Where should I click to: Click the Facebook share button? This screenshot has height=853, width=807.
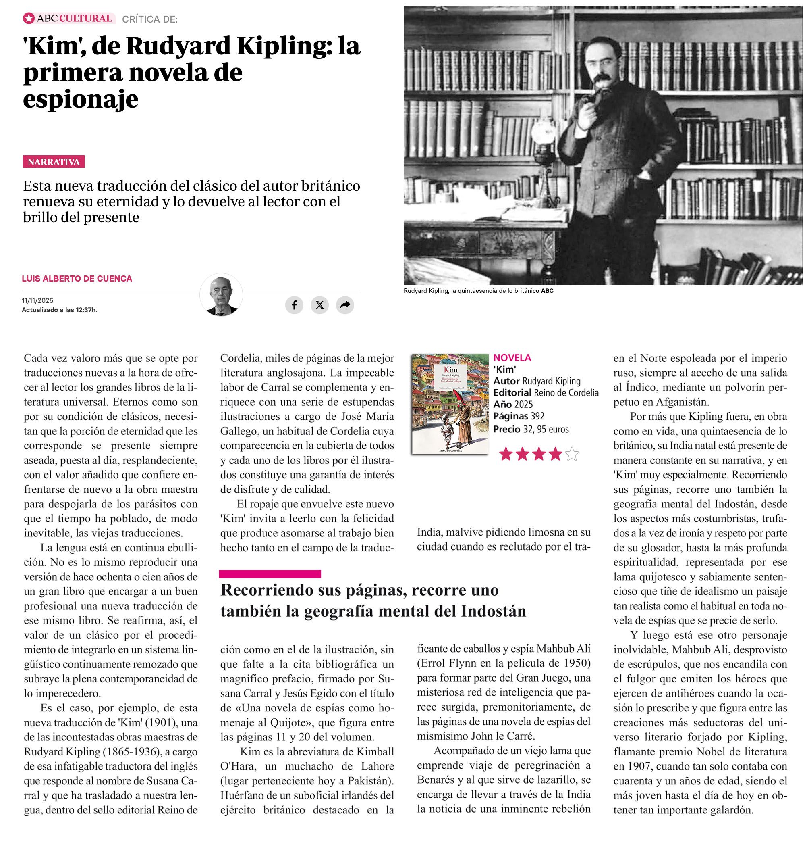(x=294, y=305)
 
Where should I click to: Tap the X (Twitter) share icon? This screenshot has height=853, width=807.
(x=319, y=305)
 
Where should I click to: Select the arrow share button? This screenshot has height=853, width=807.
(x=345, y=305)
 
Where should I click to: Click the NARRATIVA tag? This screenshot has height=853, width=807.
(x=54, y=162)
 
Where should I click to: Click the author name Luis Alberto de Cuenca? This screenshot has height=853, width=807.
(x=77, y=279)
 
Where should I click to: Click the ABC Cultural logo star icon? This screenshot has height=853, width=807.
(x=29, y=19)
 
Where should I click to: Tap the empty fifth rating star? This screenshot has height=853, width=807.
(x=572, y=454)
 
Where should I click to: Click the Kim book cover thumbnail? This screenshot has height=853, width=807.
(x=450, y=404)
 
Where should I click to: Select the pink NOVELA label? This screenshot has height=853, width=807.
(x=512, y=358)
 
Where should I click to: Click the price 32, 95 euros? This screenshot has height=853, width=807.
(x=546, y=429)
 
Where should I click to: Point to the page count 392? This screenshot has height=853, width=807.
(x=537, y=416)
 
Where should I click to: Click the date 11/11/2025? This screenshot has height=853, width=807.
(x=37, y=300)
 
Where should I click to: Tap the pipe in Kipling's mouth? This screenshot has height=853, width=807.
(x=585, y=102)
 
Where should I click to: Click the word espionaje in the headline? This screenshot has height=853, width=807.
(x=81, y=100)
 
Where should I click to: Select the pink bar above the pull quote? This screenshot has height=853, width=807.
(x=270, y=574)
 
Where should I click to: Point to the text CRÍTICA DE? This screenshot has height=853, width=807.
(x=150, y=19)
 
